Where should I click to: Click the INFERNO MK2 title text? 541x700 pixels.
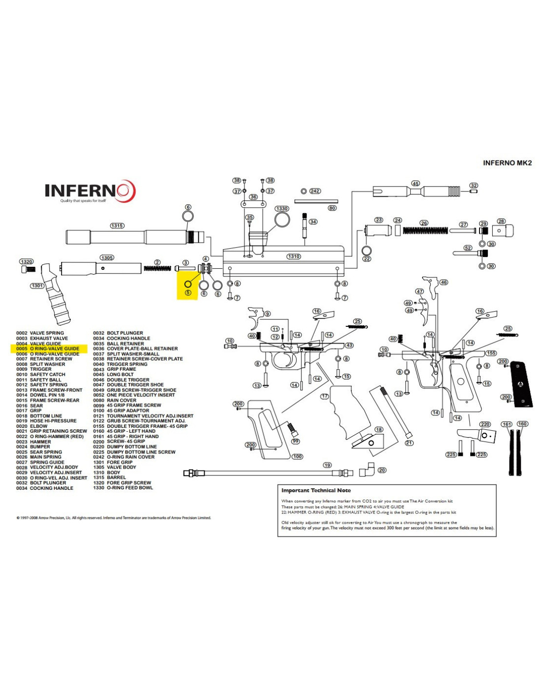click(507, 163)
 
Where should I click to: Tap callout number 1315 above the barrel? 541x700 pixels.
click(117, 226)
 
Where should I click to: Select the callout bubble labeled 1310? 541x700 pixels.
click(294, 256)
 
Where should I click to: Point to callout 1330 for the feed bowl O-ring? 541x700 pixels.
click(282, 209)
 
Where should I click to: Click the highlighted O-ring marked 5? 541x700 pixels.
click(188, 285)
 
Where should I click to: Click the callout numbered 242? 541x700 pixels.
click(315, 191)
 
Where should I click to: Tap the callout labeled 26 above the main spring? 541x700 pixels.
click(424, 223)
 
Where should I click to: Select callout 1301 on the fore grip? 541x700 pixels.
click(37, 286)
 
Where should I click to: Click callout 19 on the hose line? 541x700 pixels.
click(327, 465)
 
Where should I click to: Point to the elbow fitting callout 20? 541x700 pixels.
click(382, 470)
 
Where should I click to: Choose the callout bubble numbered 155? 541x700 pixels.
click(491, 353)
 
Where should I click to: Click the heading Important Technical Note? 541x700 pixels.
click(316, 490)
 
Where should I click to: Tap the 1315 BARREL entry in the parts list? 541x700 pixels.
click(110, 477)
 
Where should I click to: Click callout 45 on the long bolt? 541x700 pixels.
click(416, 184)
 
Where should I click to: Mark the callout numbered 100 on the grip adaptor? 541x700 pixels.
click(298, 457)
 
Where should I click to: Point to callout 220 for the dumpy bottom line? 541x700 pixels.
click(485, 424)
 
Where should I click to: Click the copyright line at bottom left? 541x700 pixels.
click(114, 518)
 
